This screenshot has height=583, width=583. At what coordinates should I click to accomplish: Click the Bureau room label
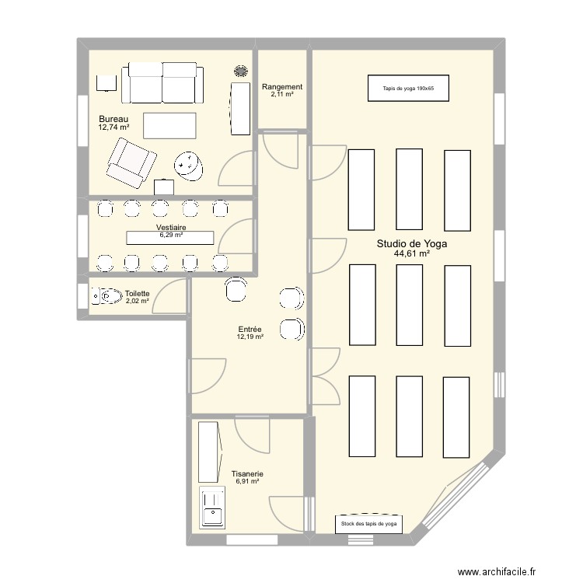pyautogui.click(x=113, y=118)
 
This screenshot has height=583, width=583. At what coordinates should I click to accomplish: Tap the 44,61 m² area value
pyautogui.click(x=412, y=254)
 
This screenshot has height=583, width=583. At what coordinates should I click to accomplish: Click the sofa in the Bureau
pyautogui.click(x=162, y=84)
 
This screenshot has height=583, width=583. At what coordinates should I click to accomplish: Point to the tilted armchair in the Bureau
pyautogui.click(x=131, y=162)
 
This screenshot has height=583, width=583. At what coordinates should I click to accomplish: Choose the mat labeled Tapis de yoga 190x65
pyautogui.click(x=408, y=89)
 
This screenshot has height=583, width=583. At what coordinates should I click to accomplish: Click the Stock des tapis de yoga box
pyautogui.click(x=369, y=525)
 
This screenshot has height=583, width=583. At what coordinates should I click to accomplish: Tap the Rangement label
pyautogui.click(x=281, y=87)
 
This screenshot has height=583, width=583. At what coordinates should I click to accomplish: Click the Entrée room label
pyautogui.click(x=250, y=329)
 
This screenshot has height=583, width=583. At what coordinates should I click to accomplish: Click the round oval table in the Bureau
pyautogui.click(x=187, y=164)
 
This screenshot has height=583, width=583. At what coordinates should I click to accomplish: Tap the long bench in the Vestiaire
pyautogui.click(x=170, y=236)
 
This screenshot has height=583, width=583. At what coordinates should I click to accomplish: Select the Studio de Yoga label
pyautogui.click(x=412, y=243)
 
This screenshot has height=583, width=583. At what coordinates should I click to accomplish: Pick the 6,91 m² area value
pyautogui.click(x=247, y=482)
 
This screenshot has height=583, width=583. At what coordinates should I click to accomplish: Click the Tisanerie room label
pyautogui.click(x=247, y=473)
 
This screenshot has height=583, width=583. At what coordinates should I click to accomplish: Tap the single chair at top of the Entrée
pyautogui.click(x=235, y=290)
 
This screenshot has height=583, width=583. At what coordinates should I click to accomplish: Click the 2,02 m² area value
pyautogui.click(x=137, y=301)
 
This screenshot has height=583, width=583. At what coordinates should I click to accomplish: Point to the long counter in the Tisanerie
pyautogui.click(x=208, y=452)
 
